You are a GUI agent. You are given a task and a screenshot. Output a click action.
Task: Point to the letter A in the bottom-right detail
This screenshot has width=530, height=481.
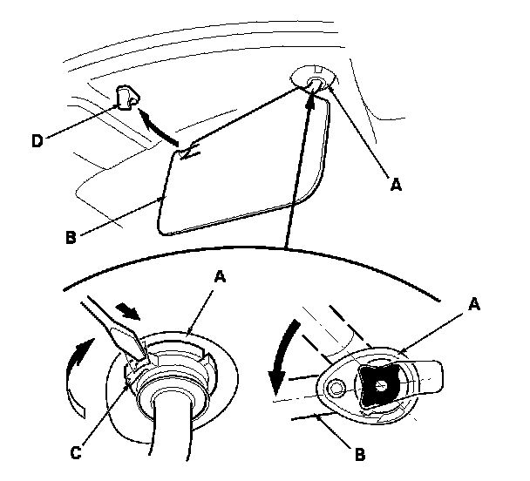coord(474,305)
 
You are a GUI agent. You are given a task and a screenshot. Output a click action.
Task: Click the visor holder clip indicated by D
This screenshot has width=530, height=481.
coord(126,98)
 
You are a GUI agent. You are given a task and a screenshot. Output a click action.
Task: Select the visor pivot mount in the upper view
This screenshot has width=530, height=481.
coord(315,80)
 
